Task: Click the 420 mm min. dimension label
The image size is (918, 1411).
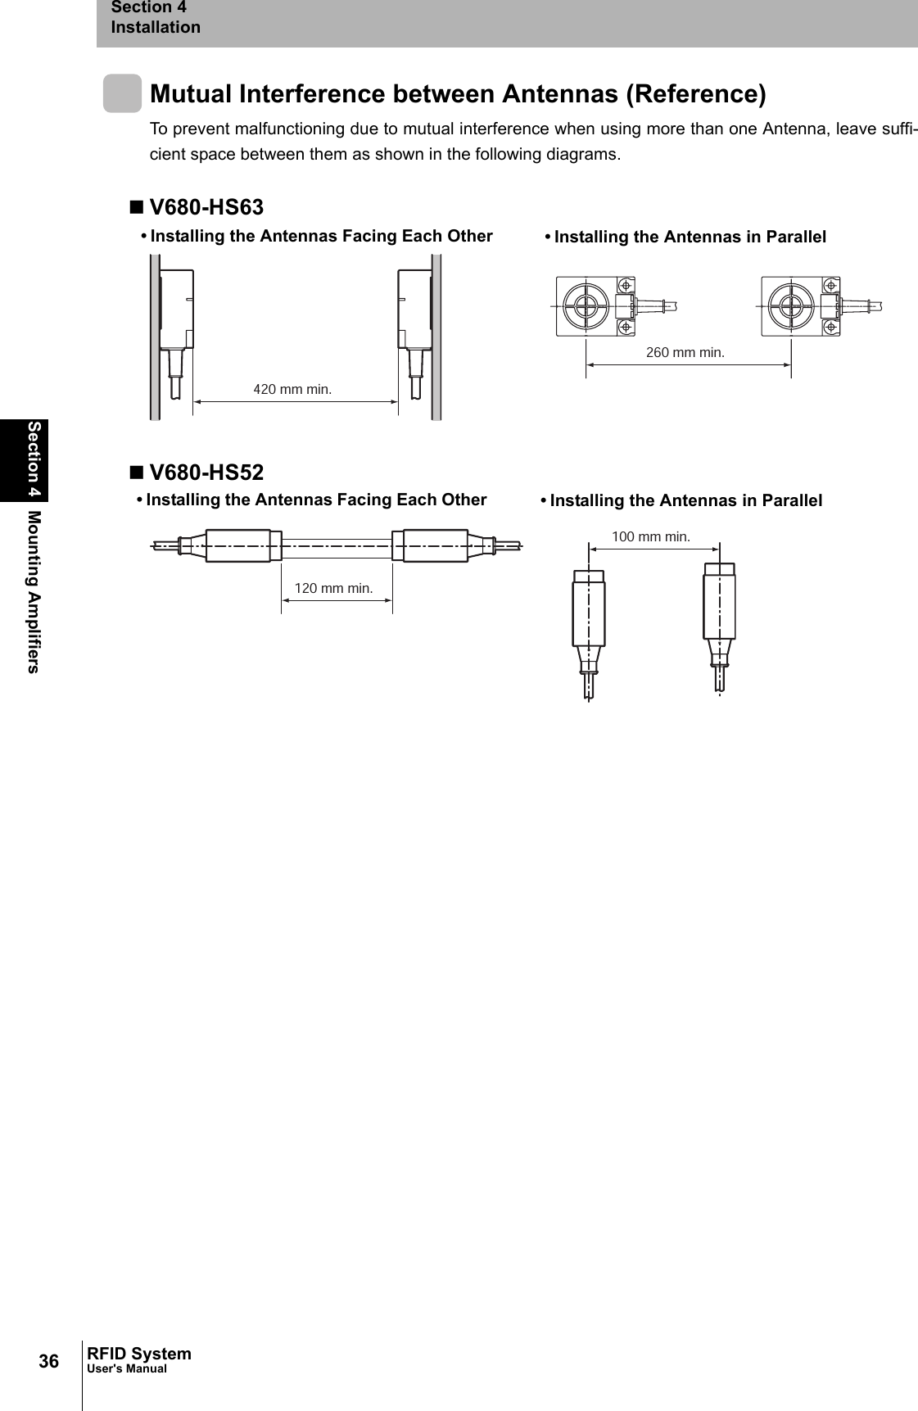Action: [x=292, y=390]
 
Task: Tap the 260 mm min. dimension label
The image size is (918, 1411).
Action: [x=685, y=353]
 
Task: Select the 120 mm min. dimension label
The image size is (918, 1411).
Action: [x=333, y=588]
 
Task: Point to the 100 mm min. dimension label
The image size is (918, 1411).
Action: [x=651, y=537]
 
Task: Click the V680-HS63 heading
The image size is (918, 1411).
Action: [x=206, y=208]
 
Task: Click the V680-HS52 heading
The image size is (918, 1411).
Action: [x=206, y=473]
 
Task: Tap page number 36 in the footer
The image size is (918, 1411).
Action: [x=49, y=1361]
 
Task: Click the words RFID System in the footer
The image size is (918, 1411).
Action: [x=139, y=1354]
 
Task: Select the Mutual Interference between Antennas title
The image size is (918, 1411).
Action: [x=459, y=94]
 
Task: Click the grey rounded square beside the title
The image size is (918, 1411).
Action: [x=122, y=93]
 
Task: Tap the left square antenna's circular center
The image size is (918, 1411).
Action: [x=586, y=305]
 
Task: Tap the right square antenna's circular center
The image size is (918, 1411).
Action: [x=791, y=305]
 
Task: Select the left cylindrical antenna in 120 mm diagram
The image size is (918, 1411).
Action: [x=237, y=545]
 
